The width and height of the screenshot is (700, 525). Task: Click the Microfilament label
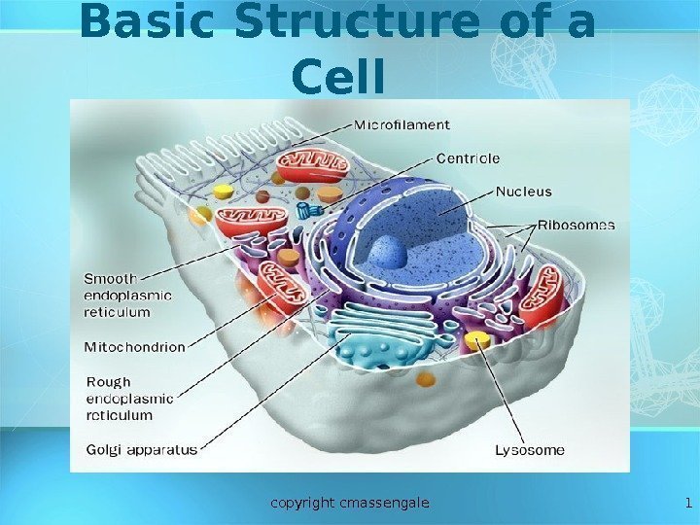402,124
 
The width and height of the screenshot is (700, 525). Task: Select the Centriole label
468,157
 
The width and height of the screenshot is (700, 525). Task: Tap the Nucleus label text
523,192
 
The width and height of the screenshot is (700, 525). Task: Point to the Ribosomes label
577,225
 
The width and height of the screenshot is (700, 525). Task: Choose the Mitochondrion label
135,347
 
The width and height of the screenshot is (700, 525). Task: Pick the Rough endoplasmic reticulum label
130,399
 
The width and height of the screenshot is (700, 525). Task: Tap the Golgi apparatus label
142,450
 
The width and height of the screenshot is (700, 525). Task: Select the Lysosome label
530,450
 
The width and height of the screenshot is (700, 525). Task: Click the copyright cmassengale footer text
350,503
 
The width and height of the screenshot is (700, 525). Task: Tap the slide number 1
687,503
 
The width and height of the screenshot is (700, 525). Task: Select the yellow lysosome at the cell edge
477,340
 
